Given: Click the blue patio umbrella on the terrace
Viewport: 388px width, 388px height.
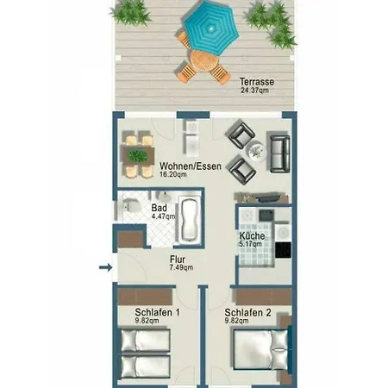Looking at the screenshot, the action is (211, 28).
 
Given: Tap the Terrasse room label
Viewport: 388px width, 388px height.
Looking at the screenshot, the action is (257, 82).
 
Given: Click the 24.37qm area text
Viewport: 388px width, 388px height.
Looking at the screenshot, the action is (255, 91).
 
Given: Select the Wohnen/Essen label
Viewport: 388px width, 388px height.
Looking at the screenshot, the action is (191, 166).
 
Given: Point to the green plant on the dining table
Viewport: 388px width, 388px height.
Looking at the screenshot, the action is (138, 156).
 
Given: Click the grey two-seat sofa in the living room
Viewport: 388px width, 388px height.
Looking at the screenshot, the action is (278, 153).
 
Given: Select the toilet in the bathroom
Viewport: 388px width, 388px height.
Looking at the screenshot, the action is (131, 206).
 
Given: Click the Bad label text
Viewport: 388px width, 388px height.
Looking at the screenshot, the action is (159, 208).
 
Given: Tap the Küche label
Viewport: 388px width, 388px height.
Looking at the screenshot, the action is (252, 236).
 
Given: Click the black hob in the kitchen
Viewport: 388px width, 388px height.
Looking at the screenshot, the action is (283, 250).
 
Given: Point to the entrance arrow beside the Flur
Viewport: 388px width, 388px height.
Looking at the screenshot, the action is (106, 267).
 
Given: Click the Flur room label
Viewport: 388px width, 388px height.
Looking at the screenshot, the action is (178, 260).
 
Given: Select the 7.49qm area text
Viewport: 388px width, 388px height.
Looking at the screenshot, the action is (181, 267).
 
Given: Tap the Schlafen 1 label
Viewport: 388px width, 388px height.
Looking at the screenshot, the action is (158, 312).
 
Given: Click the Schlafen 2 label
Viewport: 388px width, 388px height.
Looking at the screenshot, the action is (247, 312).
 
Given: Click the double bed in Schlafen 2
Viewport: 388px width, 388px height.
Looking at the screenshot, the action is (260, 349).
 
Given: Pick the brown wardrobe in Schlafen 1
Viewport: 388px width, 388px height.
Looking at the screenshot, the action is (145, 297).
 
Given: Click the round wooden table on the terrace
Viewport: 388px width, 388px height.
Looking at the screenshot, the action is (203, 61).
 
